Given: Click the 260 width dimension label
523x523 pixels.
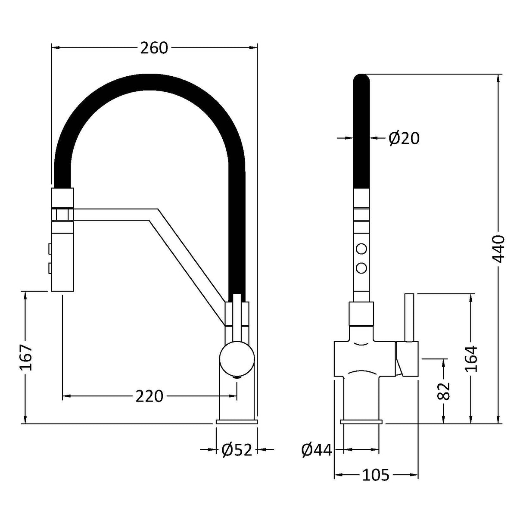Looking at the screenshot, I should point(154,48).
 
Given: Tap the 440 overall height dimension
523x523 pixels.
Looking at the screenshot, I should point(498,249).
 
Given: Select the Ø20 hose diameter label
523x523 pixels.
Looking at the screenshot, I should point(403,138).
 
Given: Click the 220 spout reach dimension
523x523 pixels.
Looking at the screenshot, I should point(149,396).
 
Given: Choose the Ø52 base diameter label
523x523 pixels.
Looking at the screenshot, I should point(237,450).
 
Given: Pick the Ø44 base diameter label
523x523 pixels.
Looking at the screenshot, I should point(317,450).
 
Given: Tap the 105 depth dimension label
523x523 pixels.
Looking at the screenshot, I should point(376,475).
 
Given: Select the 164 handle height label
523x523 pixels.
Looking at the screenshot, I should point(472,358).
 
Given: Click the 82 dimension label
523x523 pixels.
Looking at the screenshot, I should point(444,390).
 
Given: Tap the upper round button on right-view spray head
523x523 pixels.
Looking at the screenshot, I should point(361,249).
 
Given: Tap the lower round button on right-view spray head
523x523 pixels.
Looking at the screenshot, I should point(361,268).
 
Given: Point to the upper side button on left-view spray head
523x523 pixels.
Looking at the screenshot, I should point(50,249).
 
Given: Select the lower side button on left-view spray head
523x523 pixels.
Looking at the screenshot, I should point(50,269).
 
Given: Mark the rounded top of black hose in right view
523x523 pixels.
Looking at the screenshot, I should point(361,80).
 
